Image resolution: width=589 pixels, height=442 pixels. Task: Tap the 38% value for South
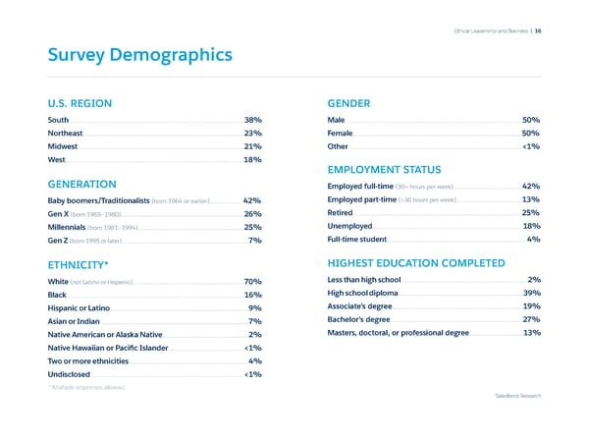point(252,120)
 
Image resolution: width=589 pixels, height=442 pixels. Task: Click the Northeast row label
point(65,134)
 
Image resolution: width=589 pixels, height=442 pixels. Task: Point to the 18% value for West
point(252,160)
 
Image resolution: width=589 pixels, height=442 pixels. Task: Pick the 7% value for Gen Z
point(254,241)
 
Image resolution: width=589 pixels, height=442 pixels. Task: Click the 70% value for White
point(252,283)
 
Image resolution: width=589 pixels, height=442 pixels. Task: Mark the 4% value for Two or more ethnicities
point(254,360)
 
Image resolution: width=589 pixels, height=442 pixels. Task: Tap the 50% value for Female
point(531,134)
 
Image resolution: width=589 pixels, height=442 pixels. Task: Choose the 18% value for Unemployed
point(532,226)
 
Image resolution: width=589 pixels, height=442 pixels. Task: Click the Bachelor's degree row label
point(358,319)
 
